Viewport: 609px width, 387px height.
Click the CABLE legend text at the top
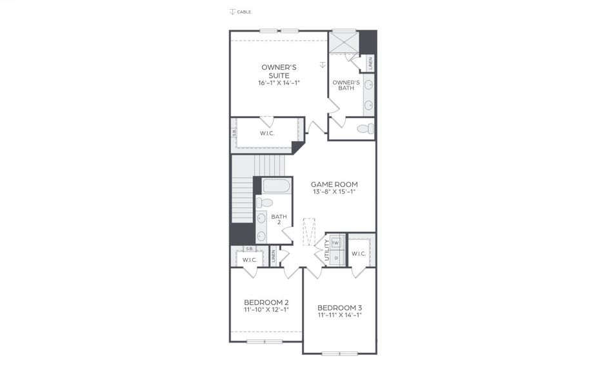pyautogui.click(x=244, y=12)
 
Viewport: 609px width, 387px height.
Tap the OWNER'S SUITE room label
pyautogui.click(x=279, y=71)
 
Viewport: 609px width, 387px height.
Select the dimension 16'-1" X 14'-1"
pyautogui.click(x=279, y=83)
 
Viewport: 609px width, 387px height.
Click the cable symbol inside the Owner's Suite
pyautogui.click(x=323, y=64)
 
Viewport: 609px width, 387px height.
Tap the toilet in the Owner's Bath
pyautogui.click(x=365, y=129)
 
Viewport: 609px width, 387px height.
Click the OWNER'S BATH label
pyautogui.click(x=345, y=85)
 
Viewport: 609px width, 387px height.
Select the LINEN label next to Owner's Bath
pyautogui.click(x=370, y=63)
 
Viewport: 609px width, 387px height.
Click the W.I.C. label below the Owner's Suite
pyautogui.click(x=268, y=134)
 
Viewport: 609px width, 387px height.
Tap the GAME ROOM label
pyautogui.click(x=334, y=184)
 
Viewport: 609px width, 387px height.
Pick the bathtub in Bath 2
pyautogui.click(x=276, y=188)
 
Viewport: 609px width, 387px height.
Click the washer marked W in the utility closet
pyautogui.click(x=336, y=243)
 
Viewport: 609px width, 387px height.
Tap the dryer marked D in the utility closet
pyautogui.click(x=336, y=257)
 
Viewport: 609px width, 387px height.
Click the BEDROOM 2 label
pyautogui.click(x=266, y=302)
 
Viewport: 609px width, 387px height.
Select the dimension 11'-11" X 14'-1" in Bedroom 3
pyautogui.click(x=339, y=315)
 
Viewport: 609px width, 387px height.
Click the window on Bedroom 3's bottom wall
pyautogui.click(x=339, y=353)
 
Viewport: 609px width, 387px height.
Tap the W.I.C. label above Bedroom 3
pyautogui.click(x=359, y=253)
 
